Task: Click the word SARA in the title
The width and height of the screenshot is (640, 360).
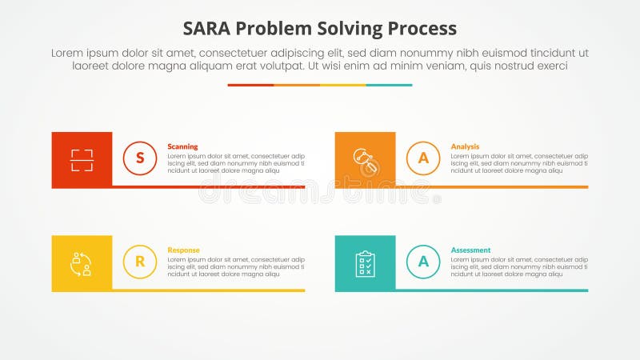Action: pyautogui.click(x=208, y=28)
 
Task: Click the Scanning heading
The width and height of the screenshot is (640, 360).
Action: pyautogui.click(x=182, y=146)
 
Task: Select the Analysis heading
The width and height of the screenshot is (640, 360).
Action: pyautogui.click(x=465, y=146)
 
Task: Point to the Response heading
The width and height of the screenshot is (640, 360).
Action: pyautogui.click(x=183, y=250)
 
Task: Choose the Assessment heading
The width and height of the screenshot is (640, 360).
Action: pyautogui.click(x=470, y=250)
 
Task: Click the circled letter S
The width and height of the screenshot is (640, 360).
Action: pyautogui.click(x=140, y=158)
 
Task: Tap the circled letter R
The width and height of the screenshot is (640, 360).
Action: pyautogui.click(x=140, y=262)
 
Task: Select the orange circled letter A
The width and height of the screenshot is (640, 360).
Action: pyautogui.click(x=423, y=158)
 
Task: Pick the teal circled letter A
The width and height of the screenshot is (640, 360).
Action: pyautogui.click(x=423, y=262)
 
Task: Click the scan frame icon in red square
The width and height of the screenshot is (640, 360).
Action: pyautogui.click(x=82, y=160)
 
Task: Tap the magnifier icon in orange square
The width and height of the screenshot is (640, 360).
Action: pyautogui.click(x=366, y=160)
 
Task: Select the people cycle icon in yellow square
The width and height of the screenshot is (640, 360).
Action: pyautogui.click(x=82, y=263)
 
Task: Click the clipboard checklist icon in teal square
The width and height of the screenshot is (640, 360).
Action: pyautogui.click(x=366, y=263)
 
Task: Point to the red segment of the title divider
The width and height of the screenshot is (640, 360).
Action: pyautogui.click(x=250, y=85)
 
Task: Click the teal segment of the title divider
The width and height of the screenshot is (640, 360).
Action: pyautogui.click(x=390, y=85)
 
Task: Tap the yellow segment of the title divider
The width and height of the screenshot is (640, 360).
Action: pyautogui.click(x=343, y=85)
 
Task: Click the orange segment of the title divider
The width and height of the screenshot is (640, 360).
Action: pyautogui.click(x=297, y=85)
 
